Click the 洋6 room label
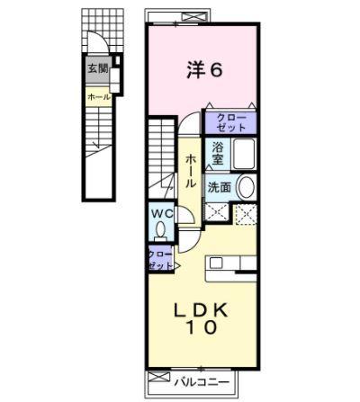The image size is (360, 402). tap(204, 68)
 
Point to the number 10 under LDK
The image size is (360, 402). tap(202, 329)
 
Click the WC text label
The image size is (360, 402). tap(163, 213)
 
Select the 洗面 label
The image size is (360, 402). tap(220, 187)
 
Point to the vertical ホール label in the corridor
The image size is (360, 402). tap(190, 170)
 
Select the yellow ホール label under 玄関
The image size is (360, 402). tap(98, 95)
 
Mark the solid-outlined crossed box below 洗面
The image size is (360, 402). tap(217, 213)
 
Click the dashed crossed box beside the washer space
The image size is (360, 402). tap(246, 214)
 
